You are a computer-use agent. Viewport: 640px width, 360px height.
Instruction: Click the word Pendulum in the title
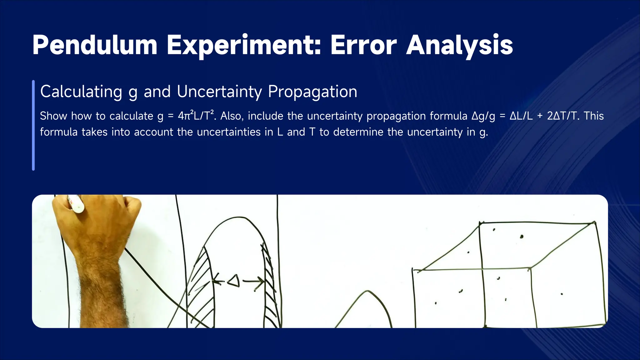(x=95, y=45)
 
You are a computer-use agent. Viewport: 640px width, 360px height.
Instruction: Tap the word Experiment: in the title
(x=243, y=45)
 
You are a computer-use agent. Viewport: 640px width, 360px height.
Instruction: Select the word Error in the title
(x=363, y=45)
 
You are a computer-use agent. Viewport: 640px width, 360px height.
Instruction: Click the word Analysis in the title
(x=459, y=45)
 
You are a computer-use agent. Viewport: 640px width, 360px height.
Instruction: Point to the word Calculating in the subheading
(x=81, y=92)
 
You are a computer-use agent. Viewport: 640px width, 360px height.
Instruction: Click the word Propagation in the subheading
(x=312, y=92)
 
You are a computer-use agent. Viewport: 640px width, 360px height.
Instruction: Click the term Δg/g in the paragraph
(x=483, y=116)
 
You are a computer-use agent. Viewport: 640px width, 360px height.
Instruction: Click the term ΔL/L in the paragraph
(x=521, y=116)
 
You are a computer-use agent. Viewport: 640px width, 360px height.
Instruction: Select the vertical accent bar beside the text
(x=33, y=125)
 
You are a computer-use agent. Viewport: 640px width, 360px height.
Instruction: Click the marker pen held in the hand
(x=76, y=204)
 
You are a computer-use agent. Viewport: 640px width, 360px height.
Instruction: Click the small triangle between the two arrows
(x=234, y=281)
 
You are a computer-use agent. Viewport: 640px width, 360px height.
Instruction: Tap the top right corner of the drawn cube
(x=594, y=223)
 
